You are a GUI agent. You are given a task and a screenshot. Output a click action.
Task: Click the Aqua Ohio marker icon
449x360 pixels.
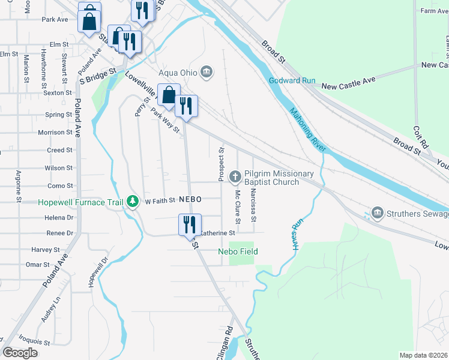click(206, 73)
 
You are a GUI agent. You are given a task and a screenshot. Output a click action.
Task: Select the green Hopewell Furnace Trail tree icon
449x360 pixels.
click(133, 202)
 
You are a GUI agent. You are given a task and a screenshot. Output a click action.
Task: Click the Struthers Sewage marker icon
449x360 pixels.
click(378, 212)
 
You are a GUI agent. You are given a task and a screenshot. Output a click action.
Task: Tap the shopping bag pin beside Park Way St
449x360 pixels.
click(169, 95)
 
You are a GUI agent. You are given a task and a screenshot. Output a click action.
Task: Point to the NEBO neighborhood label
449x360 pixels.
click(189, 199)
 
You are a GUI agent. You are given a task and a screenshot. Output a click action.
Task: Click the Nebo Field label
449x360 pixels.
click(238, 251)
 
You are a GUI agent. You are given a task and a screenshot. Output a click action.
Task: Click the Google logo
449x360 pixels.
click(20, 353)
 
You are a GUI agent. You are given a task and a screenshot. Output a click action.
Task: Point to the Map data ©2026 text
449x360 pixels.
click(424, 355)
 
